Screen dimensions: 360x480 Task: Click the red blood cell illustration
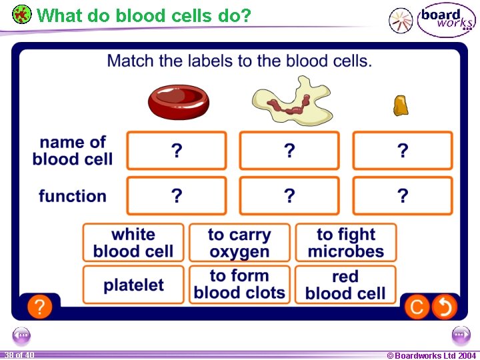178,101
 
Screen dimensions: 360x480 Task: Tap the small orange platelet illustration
401,105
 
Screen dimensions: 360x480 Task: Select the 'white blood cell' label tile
133,243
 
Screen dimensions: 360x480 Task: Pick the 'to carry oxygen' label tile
239,243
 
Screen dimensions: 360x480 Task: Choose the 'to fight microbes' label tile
345,243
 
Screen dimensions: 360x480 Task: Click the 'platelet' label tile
133,285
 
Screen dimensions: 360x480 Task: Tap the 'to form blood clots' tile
239,285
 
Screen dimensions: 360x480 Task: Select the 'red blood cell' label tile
345,285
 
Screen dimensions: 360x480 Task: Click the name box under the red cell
177,151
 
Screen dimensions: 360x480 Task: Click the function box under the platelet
403,195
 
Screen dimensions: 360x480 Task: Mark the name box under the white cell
289,151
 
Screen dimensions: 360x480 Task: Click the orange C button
417,307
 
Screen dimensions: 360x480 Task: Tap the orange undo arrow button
444,307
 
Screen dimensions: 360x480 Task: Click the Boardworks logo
446,21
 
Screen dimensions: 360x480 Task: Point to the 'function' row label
72,196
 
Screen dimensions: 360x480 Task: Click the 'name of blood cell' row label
72,151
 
